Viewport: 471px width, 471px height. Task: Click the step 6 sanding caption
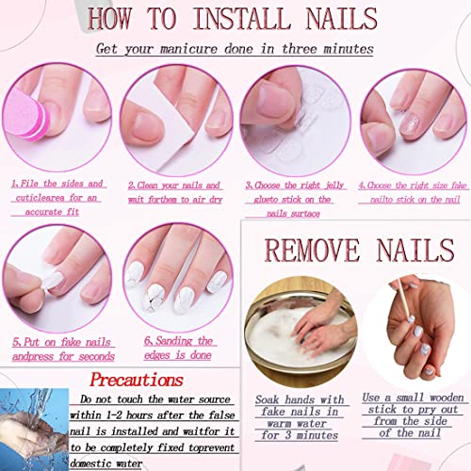click(x=179, y=349)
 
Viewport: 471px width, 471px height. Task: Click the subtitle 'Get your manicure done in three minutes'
click(x=235, y=48)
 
